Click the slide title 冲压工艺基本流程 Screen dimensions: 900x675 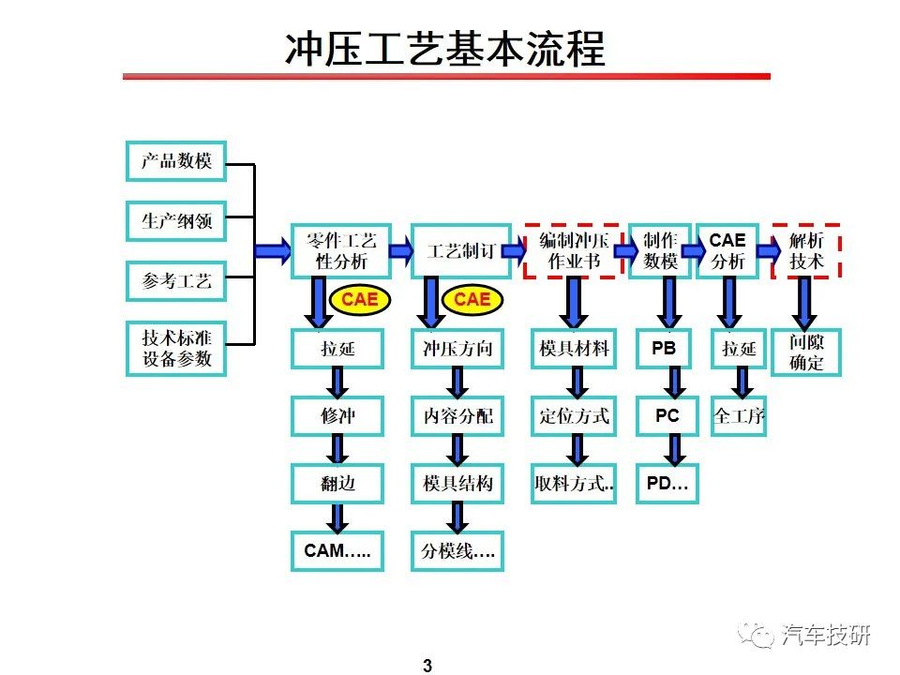coord(444,49)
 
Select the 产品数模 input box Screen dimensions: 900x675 coord(176,161)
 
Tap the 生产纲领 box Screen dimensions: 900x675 coord(176,221)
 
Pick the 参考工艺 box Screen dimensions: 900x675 coord(176,281)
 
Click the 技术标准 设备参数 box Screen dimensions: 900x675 coord(176,349)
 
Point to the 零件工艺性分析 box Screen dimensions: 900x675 coord(341,251)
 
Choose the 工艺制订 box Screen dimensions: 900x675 coord(461,251)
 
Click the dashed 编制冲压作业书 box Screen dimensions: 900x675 coord(574,251)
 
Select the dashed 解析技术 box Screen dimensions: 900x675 coord(806,251)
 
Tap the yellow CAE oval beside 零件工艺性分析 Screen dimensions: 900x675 coord(360,300)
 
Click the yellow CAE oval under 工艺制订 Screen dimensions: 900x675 coord(472,300)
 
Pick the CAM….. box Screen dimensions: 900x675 coord(337,551)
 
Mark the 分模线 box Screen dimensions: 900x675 coord(457,551)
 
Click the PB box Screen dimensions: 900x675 coord(664,349)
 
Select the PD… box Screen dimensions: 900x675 coord(667,484)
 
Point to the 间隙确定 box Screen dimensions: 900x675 coord(806,352)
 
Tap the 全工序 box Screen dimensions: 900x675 coord(739,416)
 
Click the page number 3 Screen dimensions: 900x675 coord(427,666)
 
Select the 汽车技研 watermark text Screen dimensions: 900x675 coord(825,635)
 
